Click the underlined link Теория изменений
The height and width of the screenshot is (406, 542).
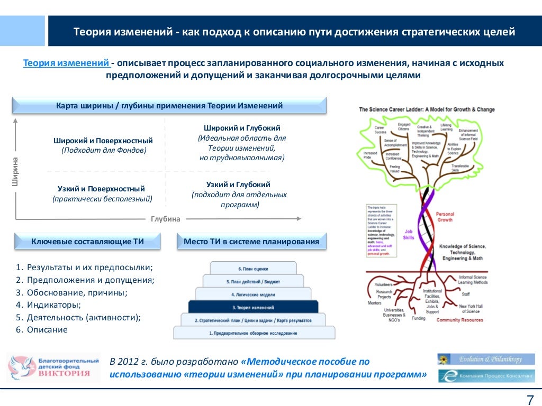tap(67, 63)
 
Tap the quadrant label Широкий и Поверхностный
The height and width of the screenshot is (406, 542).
tap(103, 141)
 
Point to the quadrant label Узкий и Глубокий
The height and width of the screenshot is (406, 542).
tap(238, 184)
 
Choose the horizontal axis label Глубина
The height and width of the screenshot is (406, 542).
tap(166, 219)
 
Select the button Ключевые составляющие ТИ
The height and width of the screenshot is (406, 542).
tap(88, 242)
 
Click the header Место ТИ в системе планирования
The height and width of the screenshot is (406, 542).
tap(251, 242)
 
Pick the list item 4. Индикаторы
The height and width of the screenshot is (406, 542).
tap(48, 305)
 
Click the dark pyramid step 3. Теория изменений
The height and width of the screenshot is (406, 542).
tap(253, 307)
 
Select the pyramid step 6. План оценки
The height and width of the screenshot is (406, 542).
tap(253, 269)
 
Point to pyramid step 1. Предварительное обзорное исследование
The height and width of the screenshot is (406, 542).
tap(254, 333)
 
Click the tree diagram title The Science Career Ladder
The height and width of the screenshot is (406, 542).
tap(427, 109)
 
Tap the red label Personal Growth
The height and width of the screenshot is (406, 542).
tap(445, 217)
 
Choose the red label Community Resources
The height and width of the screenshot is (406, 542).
tap(459, 320)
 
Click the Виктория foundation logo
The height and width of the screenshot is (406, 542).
tap(54, 367)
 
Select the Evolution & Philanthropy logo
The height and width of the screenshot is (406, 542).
tap(486, 359)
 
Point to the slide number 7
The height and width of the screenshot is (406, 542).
tap(530, 400)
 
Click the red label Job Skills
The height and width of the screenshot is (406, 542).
tap(409, 235)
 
